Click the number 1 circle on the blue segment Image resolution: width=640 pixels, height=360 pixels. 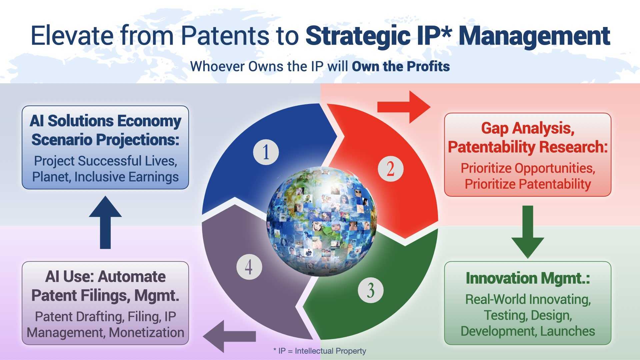point(266,152)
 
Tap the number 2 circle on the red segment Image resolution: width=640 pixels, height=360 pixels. point(390,169)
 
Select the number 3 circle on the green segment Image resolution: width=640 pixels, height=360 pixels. point(371,290)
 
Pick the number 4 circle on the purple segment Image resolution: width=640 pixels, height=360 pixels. point(249,267)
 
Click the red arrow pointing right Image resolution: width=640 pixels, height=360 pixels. point(404,107)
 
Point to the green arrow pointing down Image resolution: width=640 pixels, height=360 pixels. point(528,232)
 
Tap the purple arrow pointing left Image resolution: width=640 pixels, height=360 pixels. point(229,336)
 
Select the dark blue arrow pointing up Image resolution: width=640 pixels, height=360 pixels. point(105,222)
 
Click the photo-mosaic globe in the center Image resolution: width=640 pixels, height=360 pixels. point(322,222)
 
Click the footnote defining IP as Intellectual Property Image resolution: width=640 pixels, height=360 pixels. point(320,351)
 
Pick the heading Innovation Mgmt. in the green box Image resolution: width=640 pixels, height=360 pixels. point(528,278)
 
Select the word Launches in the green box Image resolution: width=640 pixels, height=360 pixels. point(567,331)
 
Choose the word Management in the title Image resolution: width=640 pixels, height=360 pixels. point(534,36)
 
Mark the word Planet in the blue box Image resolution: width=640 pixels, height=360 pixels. point(51,177)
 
